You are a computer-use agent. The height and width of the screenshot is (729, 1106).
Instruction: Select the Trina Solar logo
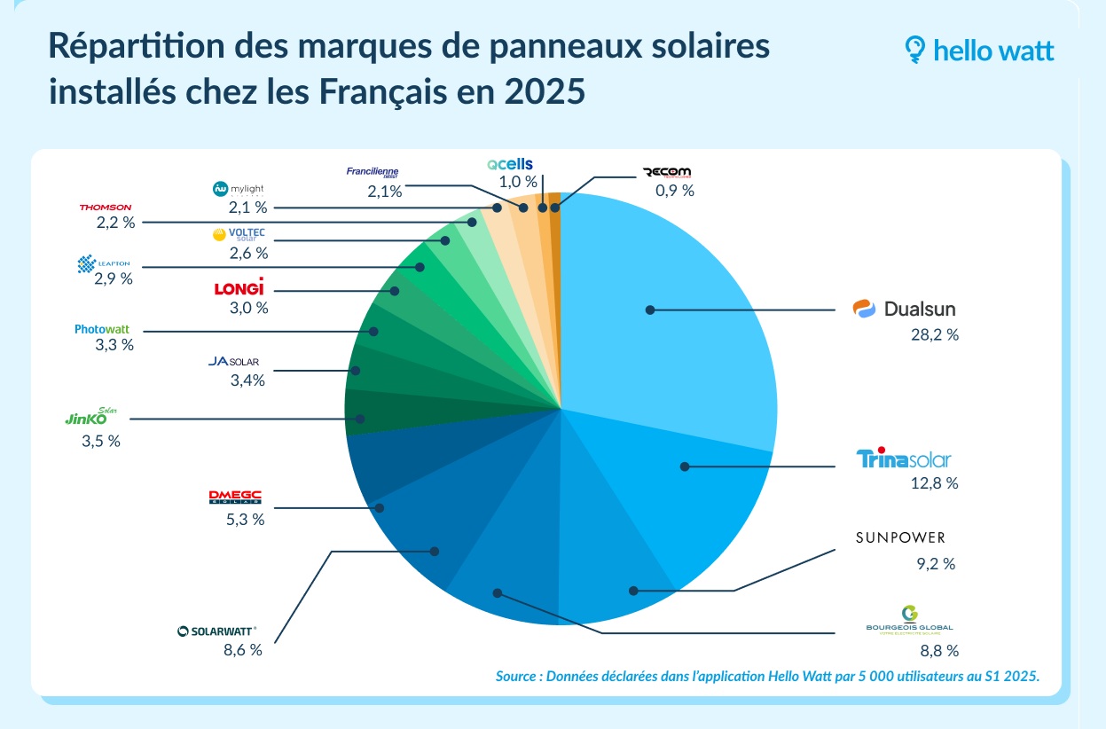pos(903,459)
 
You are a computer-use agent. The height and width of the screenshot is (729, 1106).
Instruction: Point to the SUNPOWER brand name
pos(900,537)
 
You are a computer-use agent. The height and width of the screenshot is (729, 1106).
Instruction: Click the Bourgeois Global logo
pos(909,619)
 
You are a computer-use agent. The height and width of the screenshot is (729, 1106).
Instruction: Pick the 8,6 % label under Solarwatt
pos(242,650)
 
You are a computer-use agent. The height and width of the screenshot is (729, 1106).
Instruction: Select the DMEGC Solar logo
pos(234,498)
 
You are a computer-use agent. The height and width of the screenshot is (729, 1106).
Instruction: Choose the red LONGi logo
pos(239,288)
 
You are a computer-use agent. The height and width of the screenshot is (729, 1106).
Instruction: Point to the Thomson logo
pos(105,208)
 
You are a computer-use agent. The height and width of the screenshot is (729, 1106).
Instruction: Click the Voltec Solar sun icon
pos(219,235)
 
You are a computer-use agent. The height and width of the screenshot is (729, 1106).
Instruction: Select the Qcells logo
pos(509,164)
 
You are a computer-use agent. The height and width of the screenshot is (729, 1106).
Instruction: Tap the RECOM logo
pos(666,172)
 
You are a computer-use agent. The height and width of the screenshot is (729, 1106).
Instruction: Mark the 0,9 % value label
pos(674,190)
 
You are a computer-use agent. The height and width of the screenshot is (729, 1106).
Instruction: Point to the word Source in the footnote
pos(517,677)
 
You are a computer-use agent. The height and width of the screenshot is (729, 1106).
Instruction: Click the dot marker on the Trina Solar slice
pos(685,466)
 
